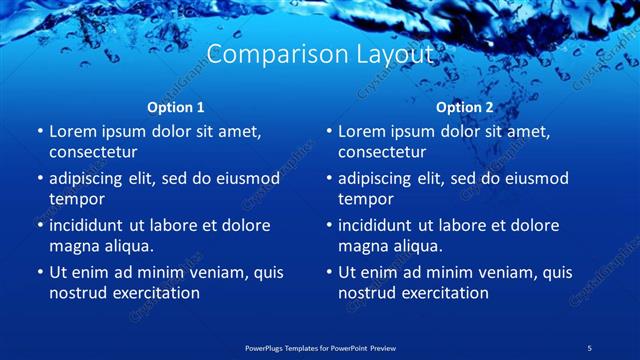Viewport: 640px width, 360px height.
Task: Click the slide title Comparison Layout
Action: [x=320, y=54]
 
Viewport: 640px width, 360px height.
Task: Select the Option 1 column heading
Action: [x=176, y=107]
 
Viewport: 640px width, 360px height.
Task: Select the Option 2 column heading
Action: [x=465, y=107]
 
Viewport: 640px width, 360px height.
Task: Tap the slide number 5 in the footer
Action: [x=590, y=347]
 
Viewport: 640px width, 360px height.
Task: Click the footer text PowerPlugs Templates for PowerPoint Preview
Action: [x=320, y=347]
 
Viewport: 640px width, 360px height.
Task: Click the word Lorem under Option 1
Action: [x=73, y=131]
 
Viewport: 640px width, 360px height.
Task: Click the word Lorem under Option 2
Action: [x=362, y=131]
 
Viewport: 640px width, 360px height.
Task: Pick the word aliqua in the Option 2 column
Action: [x=417, y=245]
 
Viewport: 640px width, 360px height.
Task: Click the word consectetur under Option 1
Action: [x=93, y=152]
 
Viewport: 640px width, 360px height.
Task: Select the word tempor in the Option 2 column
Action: [x=364, y=199]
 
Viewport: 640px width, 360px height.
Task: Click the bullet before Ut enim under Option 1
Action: [x=39, y=272]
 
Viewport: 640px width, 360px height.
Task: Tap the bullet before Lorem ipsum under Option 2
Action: [x=328, y=131]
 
